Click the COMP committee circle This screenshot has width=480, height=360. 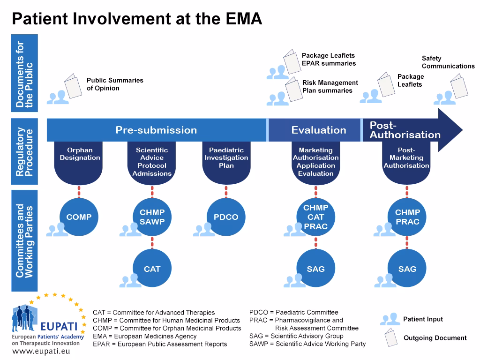[79, 217]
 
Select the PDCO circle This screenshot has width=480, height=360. [226, 217]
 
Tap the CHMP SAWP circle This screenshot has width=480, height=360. [152, 217]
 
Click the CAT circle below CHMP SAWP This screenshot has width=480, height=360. [152, 269]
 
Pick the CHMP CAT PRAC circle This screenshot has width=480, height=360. [315, 217]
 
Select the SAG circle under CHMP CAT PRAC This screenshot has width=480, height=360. [315, 269]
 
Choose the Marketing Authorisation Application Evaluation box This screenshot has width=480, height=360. [315, 162]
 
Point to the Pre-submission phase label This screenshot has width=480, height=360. [156, 130]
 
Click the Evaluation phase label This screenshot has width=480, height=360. [319, 130]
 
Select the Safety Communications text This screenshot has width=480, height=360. [448, 62]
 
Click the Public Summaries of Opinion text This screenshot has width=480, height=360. [115, 84]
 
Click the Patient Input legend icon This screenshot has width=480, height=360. [390, 319]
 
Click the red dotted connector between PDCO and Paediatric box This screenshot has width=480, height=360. [226, 191]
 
